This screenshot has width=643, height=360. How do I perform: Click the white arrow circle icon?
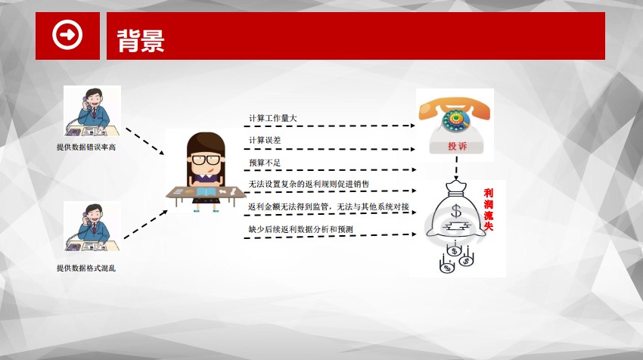[67, 35]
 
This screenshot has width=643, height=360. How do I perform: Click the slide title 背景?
[141, 41]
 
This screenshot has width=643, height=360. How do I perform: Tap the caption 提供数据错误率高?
[86, 147]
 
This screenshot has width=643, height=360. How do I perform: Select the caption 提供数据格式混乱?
[86, 268]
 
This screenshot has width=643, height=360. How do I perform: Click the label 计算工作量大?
[272, 118]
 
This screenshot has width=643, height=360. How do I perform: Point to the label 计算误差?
[265, 140]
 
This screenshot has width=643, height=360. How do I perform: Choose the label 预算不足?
[265, 163]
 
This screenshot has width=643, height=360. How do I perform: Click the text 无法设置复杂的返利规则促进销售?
[309, 184]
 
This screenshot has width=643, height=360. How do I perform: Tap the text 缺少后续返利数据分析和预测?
[300, 229]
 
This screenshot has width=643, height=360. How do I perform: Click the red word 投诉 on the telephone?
[457, 146]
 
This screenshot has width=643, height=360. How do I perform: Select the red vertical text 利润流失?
[489, 209]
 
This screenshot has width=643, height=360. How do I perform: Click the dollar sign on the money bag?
[456, 211]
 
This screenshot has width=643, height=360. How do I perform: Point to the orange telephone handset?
[454, 107]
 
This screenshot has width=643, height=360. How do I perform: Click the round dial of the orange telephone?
[455, 119]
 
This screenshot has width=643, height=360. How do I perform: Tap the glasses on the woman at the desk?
[207, 160]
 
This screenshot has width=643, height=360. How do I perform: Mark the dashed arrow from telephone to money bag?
[456, 167]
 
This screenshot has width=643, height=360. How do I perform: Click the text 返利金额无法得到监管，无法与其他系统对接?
[328, 206]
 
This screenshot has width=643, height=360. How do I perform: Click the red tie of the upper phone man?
[95, 113]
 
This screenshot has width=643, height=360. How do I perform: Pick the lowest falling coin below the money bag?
[446, 267]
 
